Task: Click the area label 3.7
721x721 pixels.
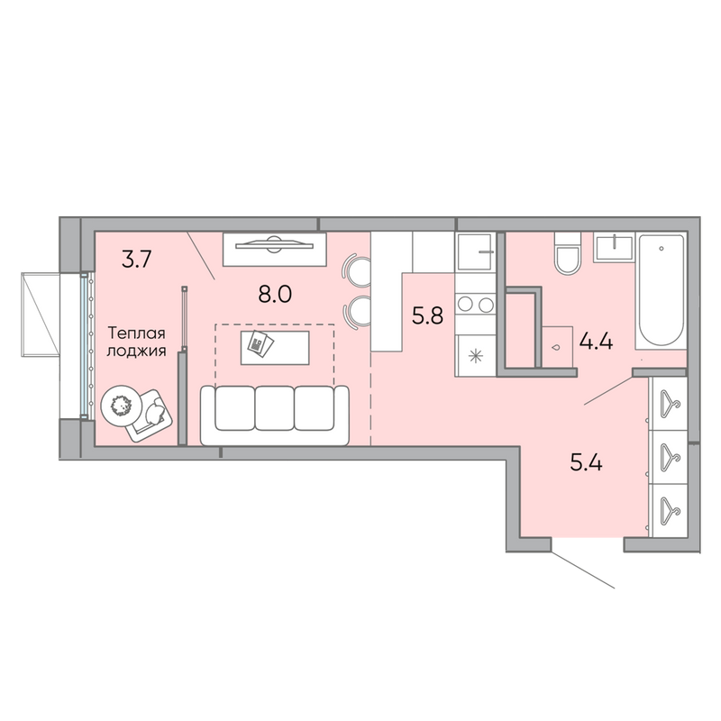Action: [136, 260]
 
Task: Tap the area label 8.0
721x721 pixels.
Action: [275, 295]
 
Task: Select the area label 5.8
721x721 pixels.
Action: [427, 316]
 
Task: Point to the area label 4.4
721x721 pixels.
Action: [596, 342]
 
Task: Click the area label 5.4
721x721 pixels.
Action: [587, 463]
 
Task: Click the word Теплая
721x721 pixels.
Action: [136, 333]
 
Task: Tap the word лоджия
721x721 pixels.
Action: [136, 351]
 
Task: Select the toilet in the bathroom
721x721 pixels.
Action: [569, 254]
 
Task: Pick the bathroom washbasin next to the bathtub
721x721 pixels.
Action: [614, 247]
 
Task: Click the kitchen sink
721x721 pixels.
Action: [475, 251]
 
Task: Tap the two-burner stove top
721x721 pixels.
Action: [475, 304]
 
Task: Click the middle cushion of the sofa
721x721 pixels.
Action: [275, 408]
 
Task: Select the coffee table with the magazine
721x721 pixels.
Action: [275, 348]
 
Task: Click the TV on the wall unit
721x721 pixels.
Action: [274, 245]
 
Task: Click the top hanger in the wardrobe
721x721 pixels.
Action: [670, 404]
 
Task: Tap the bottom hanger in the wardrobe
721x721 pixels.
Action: [670, 510]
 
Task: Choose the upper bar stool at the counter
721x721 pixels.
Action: [357, 271]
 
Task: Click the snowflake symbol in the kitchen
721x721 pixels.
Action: [475, 356]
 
